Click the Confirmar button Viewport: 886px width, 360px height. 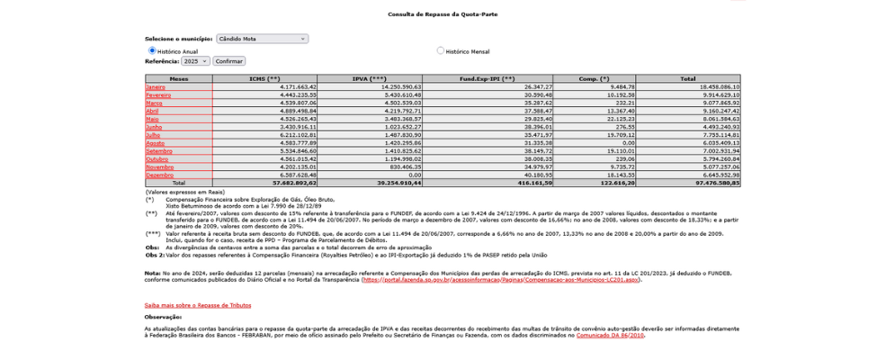pyautogui.click(x=229, y=61)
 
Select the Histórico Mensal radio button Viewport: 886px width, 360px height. pyautogui.click(x=441, y=50)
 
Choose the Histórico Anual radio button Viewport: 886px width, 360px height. pyautogui.click(x=152, y=50)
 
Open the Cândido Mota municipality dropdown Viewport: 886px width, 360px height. pyautogui.click(x=262, y=39)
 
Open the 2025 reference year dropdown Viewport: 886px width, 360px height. pyautogui.click(x=195, y=61)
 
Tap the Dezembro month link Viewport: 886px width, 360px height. pyautogui.click(x=159, y=175)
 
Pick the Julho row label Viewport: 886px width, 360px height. pyautogui.click(x=153, y=135)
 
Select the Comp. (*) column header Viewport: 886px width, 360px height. pyautogui.click(x=594, y=78)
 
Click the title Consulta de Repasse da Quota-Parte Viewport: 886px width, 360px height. pyautogui.click(x=443, y=14)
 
